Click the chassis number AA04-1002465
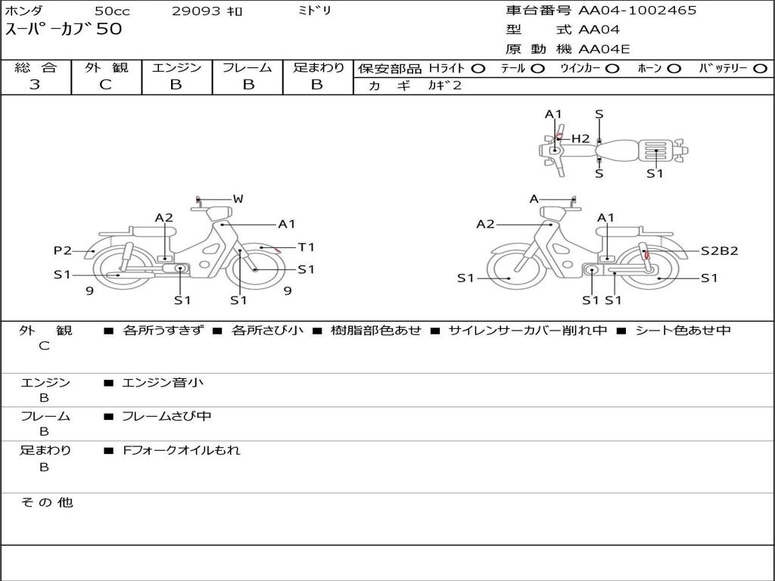point(637,11)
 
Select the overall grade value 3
point(35,85)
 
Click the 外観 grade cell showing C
point(105,85)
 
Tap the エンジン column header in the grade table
point(176,68)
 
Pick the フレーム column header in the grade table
point(247,68)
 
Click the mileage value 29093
point(196,11)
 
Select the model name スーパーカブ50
point(64,30)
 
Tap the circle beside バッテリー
point(759,69)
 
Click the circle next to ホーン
point(674,69)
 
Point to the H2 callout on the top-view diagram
point(580,138)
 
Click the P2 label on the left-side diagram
point(62,251)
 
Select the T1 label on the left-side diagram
point(306,247)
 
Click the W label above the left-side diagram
point(238,199)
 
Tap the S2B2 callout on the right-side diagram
point(719,251)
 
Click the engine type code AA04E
point(604,50)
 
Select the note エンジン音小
point(163,383)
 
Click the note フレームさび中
point(167,416)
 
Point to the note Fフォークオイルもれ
point(182,450)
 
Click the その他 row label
point(46,502)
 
